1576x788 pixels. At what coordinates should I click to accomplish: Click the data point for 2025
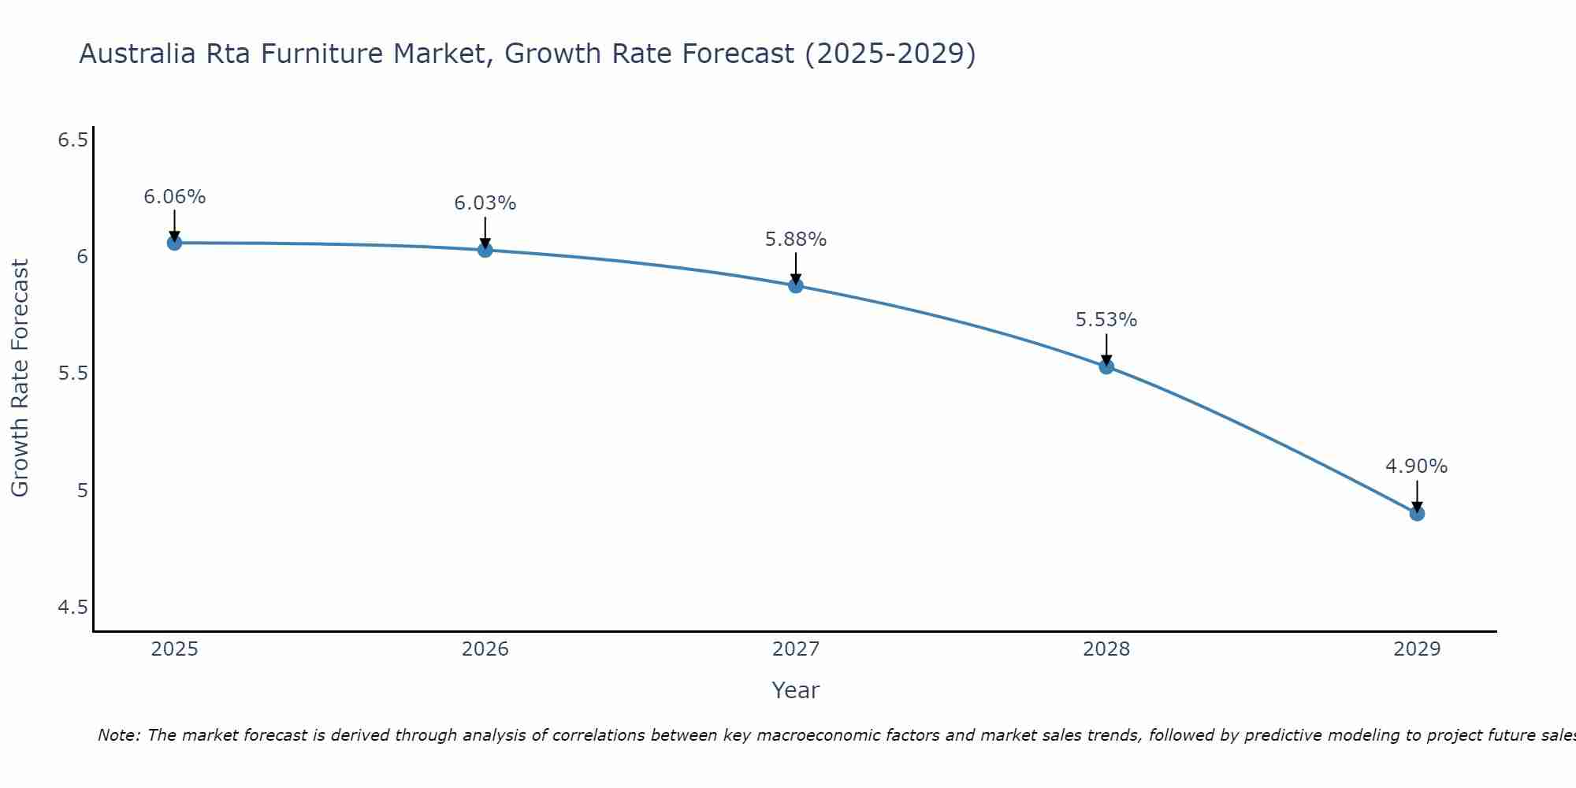pos(174,243)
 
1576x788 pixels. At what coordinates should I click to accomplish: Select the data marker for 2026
pos(485,250)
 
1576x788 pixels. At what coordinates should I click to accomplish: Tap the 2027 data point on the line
pos(796,285)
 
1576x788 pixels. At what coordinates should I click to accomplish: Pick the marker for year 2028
pos(1106,366)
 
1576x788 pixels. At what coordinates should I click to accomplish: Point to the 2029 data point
pos(1417,514)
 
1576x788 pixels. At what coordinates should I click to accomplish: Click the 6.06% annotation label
pos(174,197)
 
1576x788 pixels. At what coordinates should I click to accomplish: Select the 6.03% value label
pos(485,203)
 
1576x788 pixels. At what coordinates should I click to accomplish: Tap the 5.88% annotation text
pos(796,240)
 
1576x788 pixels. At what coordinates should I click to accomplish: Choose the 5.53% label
pos(1106,320)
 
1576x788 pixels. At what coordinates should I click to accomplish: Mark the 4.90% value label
pos(1417,466)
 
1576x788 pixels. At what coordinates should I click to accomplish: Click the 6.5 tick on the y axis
pos(72,140)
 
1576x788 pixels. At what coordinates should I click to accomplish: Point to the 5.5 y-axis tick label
pos(72,374)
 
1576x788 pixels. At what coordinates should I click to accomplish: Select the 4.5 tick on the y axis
pos(72,608)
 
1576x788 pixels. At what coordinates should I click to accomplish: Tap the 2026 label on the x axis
pos(485,649)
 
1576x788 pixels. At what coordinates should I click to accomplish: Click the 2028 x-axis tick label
pos(1106,649)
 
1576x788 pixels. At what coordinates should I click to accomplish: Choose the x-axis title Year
pos(796,690)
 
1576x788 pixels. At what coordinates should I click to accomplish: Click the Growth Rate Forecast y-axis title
pos(20,378)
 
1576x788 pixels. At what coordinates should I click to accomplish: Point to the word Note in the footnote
pos(118,735)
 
